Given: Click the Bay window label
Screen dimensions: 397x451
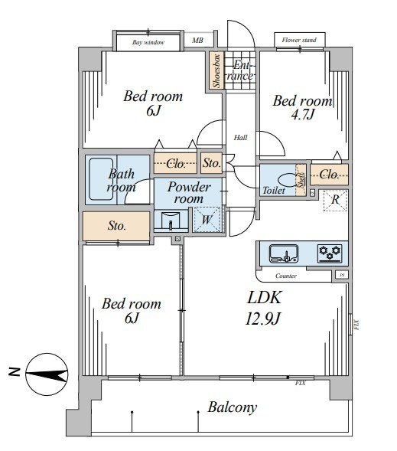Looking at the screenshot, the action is pyautogui.click(x=148, y=42).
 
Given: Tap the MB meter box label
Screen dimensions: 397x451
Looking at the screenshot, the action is pyautogui.click(x=197, y=41).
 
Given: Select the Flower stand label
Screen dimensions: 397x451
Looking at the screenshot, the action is pyautogui.click(x=299, y=40).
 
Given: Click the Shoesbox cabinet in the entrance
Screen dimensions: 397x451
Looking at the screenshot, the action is pyautogui.click(x=216, y=70).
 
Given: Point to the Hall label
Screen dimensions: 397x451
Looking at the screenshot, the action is pyautogui.click(x=240, y=138).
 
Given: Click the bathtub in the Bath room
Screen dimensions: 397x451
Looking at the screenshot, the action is pyautogui.click(x=101, y=179).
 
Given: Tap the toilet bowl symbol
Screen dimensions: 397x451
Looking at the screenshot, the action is pyautogui.click(x=288, y=180).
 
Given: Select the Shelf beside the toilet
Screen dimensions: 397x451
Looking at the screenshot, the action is pyautogui.click(x=301, y=180).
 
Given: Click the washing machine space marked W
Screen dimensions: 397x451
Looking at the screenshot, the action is pyautogui.click(x=207, y=220).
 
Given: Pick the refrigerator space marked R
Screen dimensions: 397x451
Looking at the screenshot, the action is pyautogui.click(x=335, y=201).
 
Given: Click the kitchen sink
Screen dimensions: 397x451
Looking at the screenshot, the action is pyautogui.click(x=283, y=253).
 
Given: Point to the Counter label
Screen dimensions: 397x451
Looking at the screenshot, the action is pyautogui.click(x=286, y=276).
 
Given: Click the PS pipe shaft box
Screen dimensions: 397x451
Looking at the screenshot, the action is pyautogui.click(x=342, y=275).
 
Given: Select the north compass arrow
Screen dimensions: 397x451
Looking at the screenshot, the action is pyautogui.click(x=47, y=374).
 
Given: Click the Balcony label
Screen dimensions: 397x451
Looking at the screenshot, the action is pyautogui.click(x=232, y=407).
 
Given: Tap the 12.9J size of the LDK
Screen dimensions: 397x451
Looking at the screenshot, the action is pyautogui.click(x=262, y=319).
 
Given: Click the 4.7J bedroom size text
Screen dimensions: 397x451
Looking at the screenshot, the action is pyautogui.click(x=303, y=115).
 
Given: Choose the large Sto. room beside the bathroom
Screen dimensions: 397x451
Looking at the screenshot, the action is pyautogui.click(x=116, y=226).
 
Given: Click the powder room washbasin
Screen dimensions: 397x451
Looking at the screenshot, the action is pyautogui.click(x=171, y=221).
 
